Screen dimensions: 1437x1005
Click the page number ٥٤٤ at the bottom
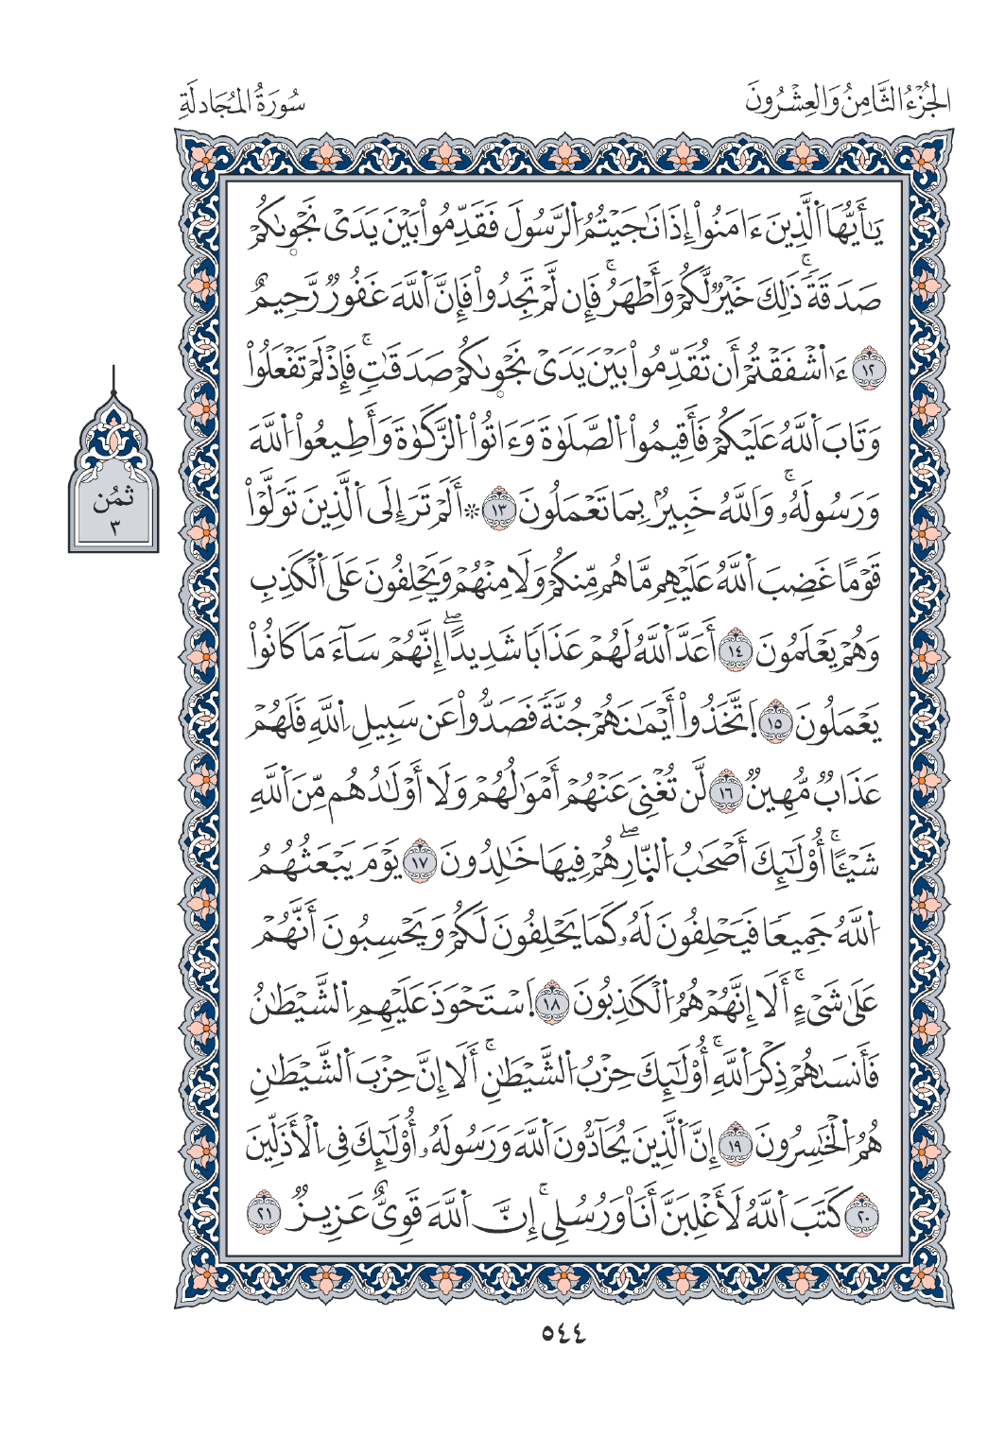tap(563, 1334)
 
